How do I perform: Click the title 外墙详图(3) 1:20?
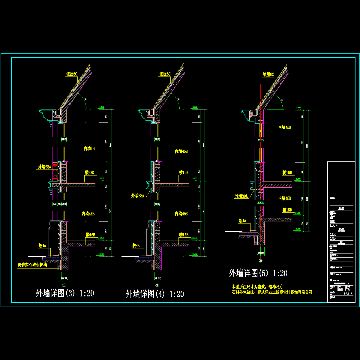click(x=65, y=293)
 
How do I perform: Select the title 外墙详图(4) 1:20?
click(x=154, y=294)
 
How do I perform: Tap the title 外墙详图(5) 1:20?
click(x=258, y=273)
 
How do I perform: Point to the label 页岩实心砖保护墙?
click(x=32, y=265)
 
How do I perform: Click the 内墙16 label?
click(x=89, y=148)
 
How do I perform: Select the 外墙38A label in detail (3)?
click(x=44, y=167)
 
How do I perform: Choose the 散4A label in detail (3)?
click(x=42, y=245)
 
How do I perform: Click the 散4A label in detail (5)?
click(x=242, y=221)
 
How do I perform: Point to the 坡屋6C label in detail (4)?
click(x=165, y=74)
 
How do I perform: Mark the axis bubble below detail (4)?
click(x=157, y=285)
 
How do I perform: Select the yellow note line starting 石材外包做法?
click(x=272, y=292)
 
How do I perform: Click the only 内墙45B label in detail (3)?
click(x=88, y=214)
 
